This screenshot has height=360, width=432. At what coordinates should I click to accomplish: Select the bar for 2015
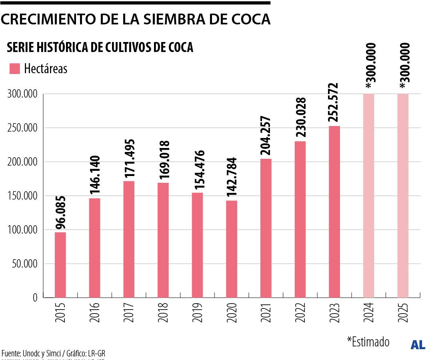[x=60, y=265]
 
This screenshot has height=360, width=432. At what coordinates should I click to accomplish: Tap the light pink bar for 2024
[x=368, y=196]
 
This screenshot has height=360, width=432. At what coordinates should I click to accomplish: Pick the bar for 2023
[x=334, y=212]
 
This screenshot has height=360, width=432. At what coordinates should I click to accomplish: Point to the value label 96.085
[x=61, y=214]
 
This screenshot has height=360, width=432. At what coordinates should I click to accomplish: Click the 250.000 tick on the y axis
[x=22, y=128]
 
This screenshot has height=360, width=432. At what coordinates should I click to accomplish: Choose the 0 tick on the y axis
[x=35, y=298]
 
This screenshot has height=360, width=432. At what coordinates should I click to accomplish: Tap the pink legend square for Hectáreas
[x=15, y=68]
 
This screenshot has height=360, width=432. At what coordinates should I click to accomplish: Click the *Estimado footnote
[x=368, y=342]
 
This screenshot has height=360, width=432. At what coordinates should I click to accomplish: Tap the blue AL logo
[x=418, y=345]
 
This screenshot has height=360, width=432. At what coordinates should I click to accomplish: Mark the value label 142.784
[x=232, y=177]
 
